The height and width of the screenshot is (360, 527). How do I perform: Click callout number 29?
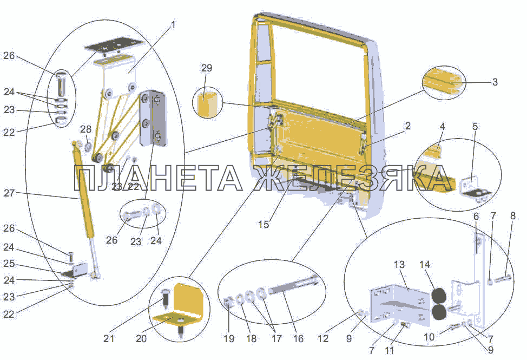(x=207, y=68)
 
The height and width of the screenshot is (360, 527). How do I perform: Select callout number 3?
(x=495, y=82)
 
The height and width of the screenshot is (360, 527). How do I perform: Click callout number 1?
(x=173, y=25)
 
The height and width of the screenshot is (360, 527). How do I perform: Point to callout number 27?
(x=9, y=193)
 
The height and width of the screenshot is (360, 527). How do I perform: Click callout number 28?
(x=85, y=129)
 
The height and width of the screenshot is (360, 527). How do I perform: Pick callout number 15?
(x=264, y=224)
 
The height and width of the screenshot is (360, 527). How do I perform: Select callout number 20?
(x=141, y=338)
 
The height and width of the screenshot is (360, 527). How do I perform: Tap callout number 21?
(x=109, y=338)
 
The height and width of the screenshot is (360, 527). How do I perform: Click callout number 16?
(x=298, y=338)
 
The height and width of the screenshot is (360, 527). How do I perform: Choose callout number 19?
(x=229, y=338)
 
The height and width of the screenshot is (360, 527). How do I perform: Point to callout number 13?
(x=399, y=265)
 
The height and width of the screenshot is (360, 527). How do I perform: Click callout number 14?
(x=425, y=265)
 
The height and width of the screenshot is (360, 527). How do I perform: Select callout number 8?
(x=512, y=215)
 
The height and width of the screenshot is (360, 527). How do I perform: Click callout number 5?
(x=475, y=127)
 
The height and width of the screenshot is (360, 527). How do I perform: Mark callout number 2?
(x=407, y=126)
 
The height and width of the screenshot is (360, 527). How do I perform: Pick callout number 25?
(x=9, y=264)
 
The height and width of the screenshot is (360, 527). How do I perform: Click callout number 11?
(x=389, y=350)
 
